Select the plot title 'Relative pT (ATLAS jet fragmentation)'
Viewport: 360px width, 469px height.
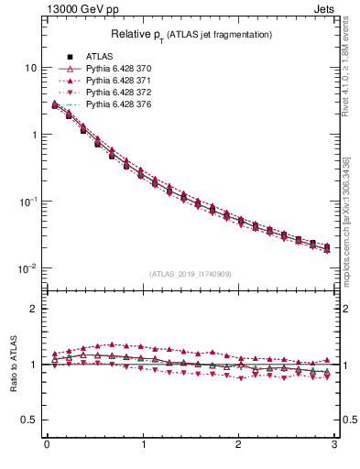coord(191,35)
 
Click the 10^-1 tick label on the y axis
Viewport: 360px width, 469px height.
coord(28,202)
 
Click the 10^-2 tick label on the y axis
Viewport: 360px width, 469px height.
coord(28,268)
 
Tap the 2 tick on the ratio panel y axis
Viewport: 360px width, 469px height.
coord(34,309)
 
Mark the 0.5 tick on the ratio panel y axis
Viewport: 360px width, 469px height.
coord(30,420)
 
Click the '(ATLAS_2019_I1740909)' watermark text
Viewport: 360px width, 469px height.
coord(191,274)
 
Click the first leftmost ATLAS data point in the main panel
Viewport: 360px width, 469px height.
coord(55,105)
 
